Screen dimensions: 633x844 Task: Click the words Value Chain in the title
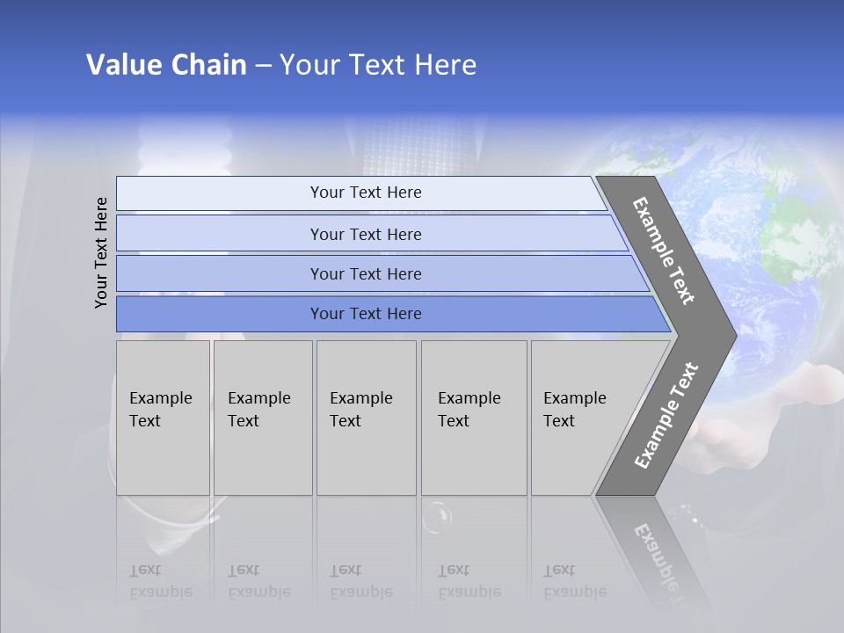(166, 65)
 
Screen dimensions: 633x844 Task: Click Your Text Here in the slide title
(378, 65)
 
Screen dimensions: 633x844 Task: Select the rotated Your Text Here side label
(101, 252)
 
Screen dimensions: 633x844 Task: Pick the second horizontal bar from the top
(365, 234)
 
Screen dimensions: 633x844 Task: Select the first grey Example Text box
(163, 417)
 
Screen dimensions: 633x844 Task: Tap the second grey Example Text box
(262, 417)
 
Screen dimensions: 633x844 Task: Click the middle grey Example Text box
(366, 417)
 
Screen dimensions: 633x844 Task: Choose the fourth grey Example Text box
(473, 417)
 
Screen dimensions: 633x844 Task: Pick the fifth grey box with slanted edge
(580, 417)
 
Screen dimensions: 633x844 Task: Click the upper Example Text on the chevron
(665, 251)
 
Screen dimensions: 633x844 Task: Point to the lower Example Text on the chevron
(666, 416)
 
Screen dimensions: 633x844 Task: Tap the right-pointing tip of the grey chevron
(731, 335)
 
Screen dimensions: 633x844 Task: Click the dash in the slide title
(263, 66)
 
